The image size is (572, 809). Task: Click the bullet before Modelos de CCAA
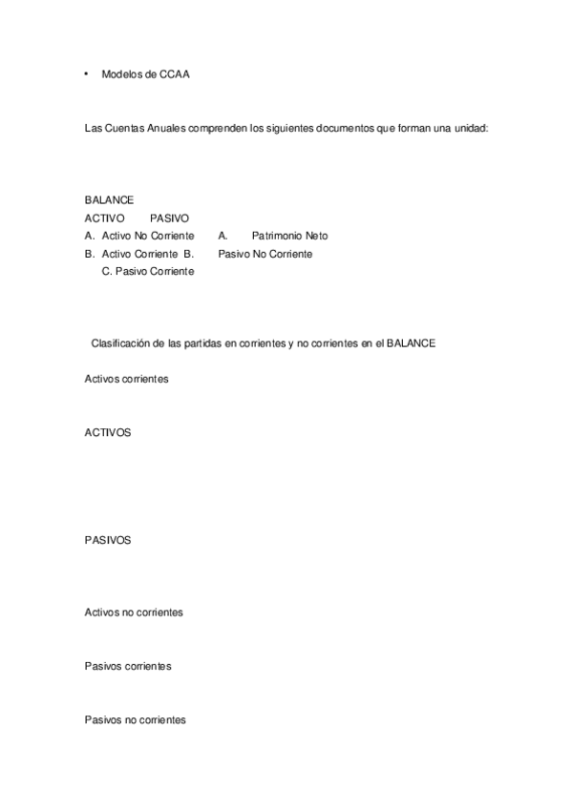[87, 73]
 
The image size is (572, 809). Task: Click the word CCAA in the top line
[175, 74]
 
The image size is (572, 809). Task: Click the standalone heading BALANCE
[109, 200]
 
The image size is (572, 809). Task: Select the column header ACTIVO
[104, 218]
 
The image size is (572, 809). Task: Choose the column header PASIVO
[169, 218]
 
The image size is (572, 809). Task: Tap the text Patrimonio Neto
[289, 236]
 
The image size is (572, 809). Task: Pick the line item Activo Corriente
[139, 254]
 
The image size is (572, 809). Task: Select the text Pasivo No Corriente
[265, 254]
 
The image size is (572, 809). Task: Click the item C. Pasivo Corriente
[148, 272]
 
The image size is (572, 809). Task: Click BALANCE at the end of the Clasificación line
[411, 343]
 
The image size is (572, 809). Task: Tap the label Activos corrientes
[126, 379]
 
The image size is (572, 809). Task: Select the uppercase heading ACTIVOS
[108, 432]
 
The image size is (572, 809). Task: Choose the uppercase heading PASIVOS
[108, 540]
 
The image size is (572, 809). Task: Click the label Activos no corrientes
[134, 612]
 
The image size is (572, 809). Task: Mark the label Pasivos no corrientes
[135, 720]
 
